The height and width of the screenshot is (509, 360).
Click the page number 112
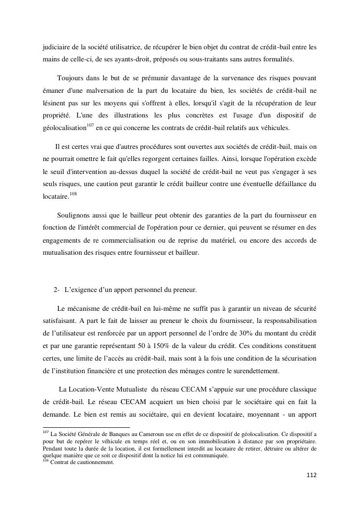click(x=311, y=475)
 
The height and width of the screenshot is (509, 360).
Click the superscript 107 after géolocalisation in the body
click(x=89, y=125)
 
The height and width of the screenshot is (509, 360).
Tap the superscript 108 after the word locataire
click(x=73, y=194)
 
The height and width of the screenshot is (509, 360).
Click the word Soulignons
click(x=73, y=215)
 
